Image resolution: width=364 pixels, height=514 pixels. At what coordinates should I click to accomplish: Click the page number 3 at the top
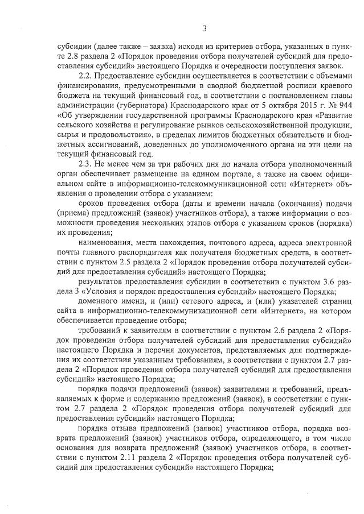204,29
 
